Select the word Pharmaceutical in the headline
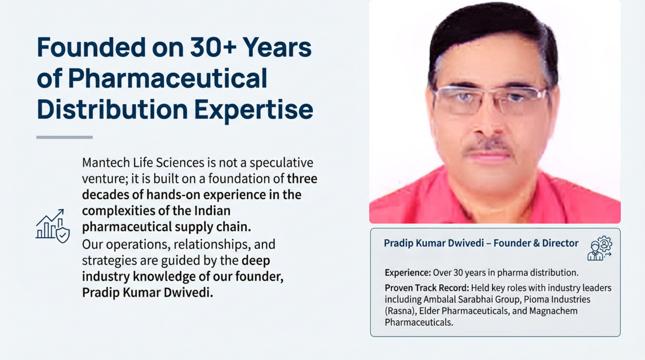pos(168,79)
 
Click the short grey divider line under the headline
pos(64,137)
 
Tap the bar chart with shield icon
pos(52,226)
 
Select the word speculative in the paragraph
pos(281,163)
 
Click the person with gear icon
pos(600,248)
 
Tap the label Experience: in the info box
pos(408,273)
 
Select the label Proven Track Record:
pos(427,288)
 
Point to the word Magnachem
pos(553,311)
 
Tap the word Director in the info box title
pos(560,243)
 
